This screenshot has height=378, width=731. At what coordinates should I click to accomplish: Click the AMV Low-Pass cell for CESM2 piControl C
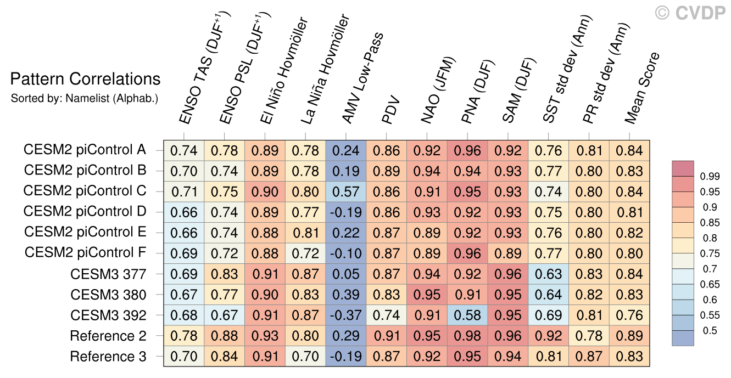point(346,191)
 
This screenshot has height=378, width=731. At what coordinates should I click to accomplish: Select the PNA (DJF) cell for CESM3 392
point(467,315)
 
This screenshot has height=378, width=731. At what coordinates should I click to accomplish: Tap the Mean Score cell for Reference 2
point(629,336)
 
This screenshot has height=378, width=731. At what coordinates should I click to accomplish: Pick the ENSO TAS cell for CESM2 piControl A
point(184,150)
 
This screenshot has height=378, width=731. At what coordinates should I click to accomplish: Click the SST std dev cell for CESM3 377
point(548,274)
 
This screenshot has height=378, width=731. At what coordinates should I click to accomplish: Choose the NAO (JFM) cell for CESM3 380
point(427,295)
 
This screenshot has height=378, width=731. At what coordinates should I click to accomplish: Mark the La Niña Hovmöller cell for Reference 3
point(305,356)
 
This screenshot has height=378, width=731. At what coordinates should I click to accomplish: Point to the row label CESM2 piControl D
point(85,211)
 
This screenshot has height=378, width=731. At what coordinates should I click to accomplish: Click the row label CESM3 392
point(108,315)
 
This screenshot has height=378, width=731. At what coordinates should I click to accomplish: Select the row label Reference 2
point(108,336)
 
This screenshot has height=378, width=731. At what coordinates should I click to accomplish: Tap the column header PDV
point(390,110)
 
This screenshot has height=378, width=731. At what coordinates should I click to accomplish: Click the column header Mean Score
point(642,88)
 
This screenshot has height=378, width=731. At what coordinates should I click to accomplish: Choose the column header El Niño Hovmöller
point(284,70)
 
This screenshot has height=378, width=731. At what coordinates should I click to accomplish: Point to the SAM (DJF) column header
point(519,91)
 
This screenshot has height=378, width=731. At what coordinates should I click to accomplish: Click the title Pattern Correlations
point(85,79)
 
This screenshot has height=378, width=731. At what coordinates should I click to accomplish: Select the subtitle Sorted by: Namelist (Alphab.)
point(85,98)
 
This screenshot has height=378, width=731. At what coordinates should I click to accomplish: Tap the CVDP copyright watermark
point(690,13)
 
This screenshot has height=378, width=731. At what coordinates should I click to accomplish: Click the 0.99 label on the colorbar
point(710,176)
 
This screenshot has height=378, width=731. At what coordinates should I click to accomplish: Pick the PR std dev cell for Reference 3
point(589,356)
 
